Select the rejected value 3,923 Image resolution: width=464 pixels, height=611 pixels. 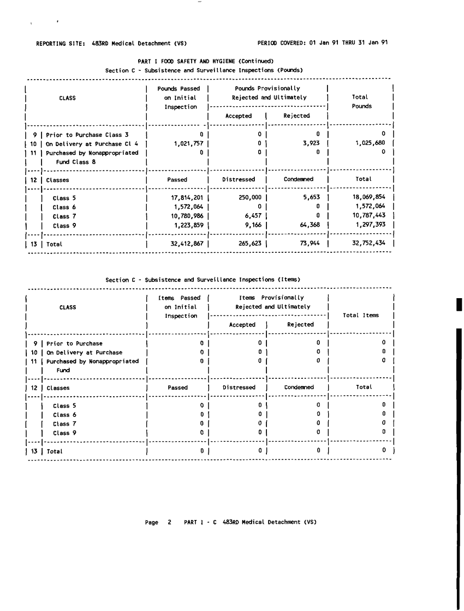[310, 143]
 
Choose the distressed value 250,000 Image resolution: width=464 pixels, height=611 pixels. [249, 198]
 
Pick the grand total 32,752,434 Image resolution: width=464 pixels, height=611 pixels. [370, 244]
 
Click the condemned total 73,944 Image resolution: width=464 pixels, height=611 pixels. [308, 244]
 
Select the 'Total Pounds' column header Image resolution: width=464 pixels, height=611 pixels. [361, 102]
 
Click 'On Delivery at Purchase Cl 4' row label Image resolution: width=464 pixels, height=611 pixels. [92, 143]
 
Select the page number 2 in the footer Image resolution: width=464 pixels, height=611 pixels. [169, 522]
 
